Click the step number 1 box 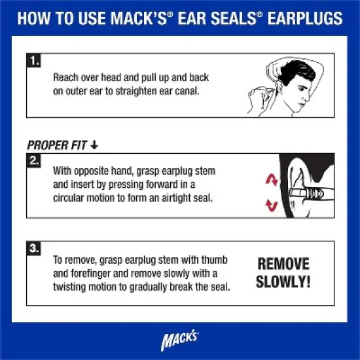click(x=34, y=62)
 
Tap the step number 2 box click(x=34, y=160)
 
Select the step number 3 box click(x=34, y=249)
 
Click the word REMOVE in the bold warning click(x=283, y=264)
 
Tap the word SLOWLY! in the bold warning click(x=283, y=283)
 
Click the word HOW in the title click(x=35, y=18)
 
